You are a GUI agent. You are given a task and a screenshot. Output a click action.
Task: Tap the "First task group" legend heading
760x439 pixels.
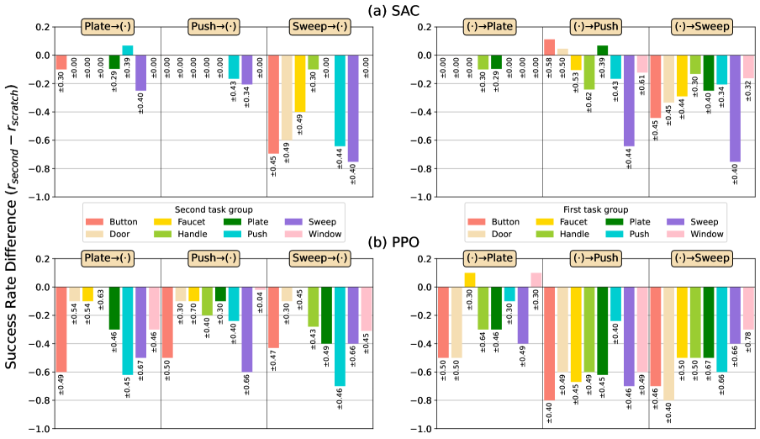[x=594, y=209]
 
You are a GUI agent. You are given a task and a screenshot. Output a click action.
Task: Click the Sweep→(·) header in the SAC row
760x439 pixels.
[x=319, y=27]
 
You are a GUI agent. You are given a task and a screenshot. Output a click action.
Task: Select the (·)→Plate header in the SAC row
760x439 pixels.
[x=489, y=27]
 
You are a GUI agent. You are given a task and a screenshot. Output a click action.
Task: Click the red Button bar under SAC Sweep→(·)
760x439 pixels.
[x=273, y=104]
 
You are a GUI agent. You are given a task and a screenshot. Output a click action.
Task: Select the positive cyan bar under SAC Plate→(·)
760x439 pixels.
[x=128, y=50]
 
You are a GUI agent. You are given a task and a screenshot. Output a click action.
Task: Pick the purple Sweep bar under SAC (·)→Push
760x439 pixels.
[x=628, y=101]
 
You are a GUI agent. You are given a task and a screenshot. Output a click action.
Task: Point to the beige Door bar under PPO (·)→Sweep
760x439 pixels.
[x=668, y=343]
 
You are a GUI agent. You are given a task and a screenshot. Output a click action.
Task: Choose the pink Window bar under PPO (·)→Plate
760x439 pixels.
[x=536, y=280]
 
